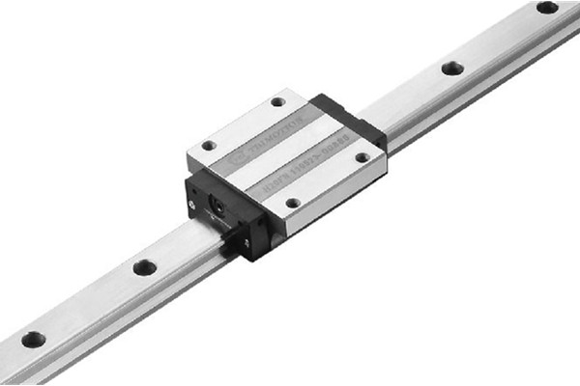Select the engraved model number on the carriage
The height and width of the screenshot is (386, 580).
[x=309, y=175]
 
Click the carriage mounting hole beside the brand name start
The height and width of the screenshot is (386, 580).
[x=208, y=146]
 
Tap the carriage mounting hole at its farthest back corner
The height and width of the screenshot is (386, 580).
[x=278, y=101]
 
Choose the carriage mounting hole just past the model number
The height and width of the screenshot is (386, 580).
[x=362, y=157]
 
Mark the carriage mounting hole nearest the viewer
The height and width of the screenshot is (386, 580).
[x=292, y=203]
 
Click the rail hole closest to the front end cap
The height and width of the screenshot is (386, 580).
[x=145, y=267]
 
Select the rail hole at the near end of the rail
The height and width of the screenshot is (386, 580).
[x=33, y=340]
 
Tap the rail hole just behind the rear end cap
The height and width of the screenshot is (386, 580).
[x=451, y=69]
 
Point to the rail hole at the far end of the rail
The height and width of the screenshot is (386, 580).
[x=547, y=8]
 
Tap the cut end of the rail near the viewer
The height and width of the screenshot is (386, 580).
[x=8, y=367]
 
